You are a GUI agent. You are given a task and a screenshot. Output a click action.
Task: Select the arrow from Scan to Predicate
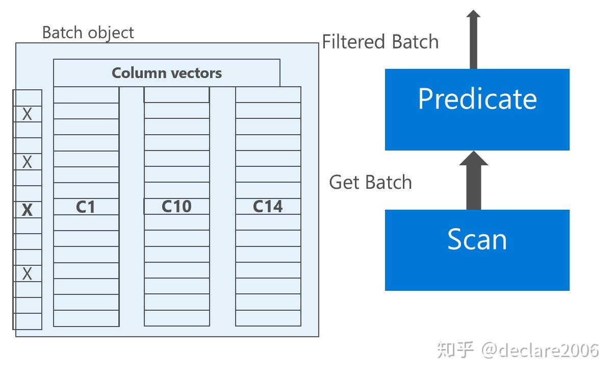tap(474, 181)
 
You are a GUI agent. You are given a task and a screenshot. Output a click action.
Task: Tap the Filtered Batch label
tap(380, 42)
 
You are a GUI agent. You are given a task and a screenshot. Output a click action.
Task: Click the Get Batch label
tap(370, 182)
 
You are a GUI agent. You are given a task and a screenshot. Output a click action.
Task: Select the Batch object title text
tap(88, 33)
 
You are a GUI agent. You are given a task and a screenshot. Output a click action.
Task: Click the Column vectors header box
tap(167, 73)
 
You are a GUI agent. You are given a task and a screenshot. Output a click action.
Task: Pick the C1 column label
tap(86, 207)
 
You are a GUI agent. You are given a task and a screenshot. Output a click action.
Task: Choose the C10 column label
tap(176, 206)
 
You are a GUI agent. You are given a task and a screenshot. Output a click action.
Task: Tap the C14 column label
tap(268, 207)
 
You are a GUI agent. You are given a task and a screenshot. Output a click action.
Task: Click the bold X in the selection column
tap(27, 210)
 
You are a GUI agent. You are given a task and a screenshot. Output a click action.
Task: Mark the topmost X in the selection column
tap(27, 114)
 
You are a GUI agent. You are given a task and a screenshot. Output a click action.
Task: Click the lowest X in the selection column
tap(27, 274)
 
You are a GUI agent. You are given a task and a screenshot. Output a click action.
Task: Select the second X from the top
tap(27, 162)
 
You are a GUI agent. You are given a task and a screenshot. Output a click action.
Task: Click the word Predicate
tap(477, 99)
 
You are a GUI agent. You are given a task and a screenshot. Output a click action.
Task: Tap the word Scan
tap(477, 239)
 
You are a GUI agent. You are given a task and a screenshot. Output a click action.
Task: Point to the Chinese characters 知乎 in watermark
tap(455, 350)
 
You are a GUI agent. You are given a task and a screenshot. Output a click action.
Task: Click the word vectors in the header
tap(196, 73)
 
